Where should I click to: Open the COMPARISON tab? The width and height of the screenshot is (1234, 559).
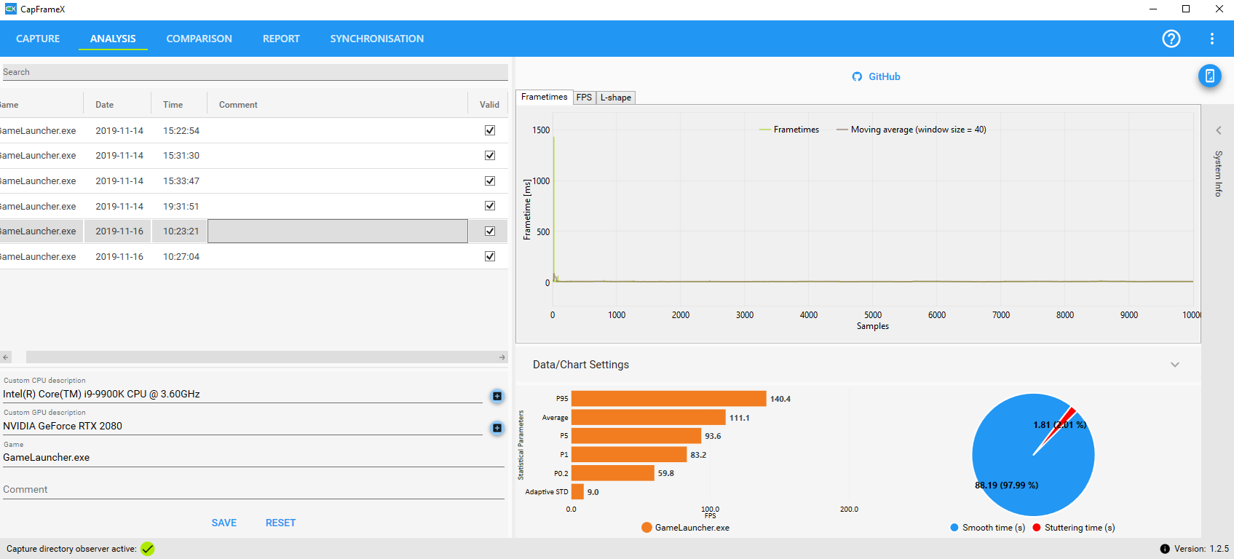pyautogui.click(x=199, y=39)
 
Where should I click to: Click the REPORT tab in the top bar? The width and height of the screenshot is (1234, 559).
pyautogui.click(x=281, y=39)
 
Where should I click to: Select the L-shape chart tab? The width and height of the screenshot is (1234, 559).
pyautogui.click(x=615, y=98)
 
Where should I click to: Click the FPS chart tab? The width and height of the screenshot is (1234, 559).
pyautogui.click(x=584, y=98)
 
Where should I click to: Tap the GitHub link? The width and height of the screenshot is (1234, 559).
pyautogui.click(x=876, y=76)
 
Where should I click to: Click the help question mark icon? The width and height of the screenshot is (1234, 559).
pyautogui.click(x=1171, y=39)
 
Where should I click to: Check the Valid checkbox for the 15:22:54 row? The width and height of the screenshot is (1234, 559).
pyautogui.click(x=490, y=130)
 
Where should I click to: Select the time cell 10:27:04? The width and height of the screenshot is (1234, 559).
pyautogui.click(x=181, y=257)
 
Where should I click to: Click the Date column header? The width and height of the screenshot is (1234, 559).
pyautogui.click(x=105, y=105)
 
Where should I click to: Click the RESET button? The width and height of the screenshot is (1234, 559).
pyautogui.click(x=280, y=523)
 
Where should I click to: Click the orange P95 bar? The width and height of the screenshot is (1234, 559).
pyautogui.click(x=669, y=399)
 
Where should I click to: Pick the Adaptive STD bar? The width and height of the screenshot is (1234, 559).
pyautogui.click(x=577, y=492)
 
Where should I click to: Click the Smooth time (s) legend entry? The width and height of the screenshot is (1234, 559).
pyautogui.click(x=988, y=528)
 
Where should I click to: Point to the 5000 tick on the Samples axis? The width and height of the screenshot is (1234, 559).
pyautogui.click(x=873, y=315)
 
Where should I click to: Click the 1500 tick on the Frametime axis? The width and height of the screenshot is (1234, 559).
pyautogui.click(x=541, y=130)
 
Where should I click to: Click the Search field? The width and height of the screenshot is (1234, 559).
pyautogui.click(x=255, y=72)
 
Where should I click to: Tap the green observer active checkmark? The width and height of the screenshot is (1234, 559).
pyautogui.click(x=148, y=549)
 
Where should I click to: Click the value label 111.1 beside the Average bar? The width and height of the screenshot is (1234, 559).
pyautogui.click(x=739, y=418)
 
